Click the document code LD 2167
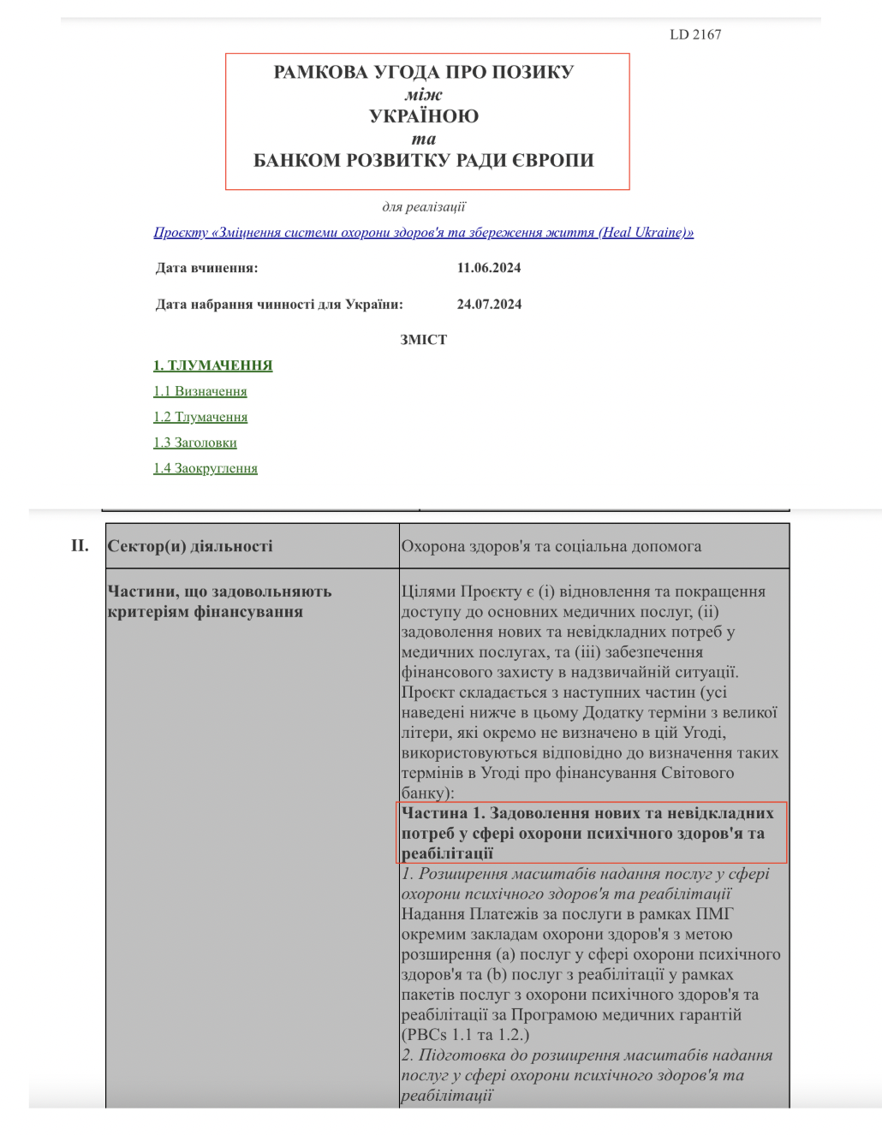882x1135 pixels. [x=694, y=34]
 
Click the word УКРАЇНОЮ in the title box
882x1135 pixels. [x=424, y=116]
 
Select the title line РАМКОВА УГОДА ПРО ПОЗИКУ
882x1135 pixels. [x=424, y=72]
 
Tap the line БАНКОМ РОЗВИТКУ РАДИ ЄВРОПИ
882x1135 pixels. [x=424, y=160]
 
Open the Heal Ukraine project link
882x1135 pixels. [x=423, y=232]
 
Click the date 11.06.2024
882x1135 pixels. [x=488, y=268]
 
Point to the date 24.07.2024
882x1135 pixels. [x=489, y=304]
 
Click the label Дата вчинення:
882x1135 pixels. [x=206, y=268]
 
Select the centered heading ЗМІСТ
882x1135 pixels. [x=423, y=340]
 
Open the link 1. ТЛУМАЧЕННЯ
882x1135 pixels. [x=212, y=365]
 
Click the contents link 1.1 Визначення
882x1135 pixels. [x=200, y=391]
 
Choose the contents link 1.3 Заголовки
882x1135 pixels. [x=194, y=443]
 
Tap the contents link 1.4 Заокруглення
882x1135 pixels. [x=205, y=468]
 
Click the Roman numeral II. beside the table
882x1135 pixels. [x=80, y=545]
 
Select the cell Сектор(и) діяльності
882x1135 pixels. [x=190, y=546]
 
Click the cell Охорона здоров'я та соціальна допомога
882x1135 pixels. [x=551, y=546]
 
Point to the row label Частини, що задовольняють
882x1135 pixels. [x=219, y=591]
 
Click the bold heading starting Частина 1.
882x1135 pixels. [x=587, y=832]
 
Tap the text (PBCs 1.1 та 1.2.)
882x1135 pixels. [x=465, y=1034]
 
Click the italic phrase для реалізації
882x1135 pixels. [x=423, y=206]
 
